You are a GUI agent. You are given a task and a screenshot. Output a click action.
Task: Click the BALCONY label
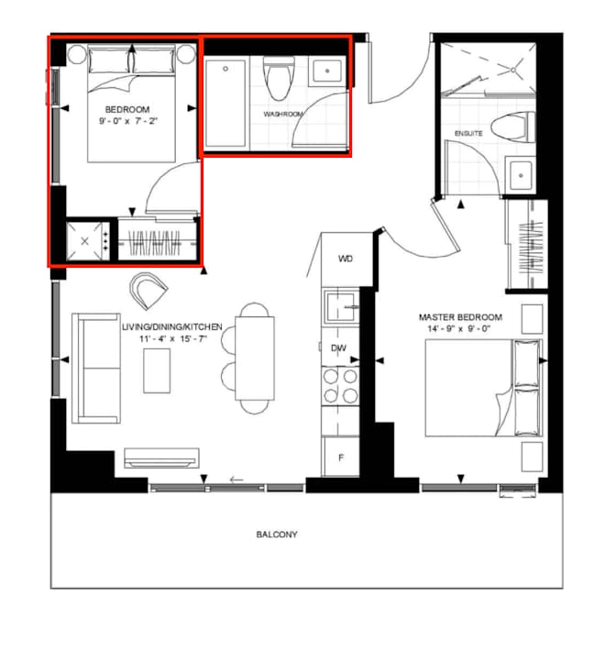277,535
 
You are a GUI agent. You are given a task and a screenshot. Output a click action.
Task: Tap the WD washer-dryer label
346,259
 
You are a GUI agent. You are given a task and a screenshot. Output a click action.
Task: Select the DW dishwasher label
339,348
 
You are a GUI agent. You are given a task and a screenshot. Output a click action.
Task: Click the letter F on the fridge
341,458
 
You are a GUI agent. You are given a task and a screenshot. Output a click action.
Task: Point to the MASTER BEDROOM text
460,317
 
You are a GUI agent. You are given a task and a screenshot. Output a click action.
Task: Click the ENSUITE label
468,133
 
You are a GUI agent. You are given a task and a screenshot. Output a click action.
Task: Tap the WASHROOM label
283,114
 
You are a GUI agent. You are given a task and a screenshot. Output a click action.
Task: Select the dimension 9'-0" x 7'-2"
127,121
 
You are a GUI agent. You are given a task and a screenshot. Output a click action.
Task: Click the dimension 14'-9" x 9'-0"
459,329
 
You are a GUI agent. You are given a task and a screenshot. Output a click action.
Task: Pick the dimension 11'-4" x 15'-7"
172,338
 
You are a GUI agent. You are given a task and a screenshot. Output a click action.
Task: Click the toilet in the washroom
279,78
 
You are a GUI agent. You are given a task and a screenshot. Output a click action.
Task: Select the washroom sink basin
327,71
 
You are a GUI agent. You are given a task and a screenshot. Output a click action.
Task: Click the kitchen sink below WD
342,307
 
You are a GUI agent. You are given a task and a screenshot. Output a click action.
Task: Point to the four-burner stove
340,386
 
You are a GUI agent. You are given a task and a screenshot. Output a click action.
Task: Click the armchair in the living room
148,290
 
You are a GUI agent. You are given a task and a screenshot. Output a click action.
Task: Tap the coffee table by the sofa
157,370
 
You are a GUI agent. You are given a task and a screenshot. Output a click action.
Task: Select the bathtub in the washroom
225,104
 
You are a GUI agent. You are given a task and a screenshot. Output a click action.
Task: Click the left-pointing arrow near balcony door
236,480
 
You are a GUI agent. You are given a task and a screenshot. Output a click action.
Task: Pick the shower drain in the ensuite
513,71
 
